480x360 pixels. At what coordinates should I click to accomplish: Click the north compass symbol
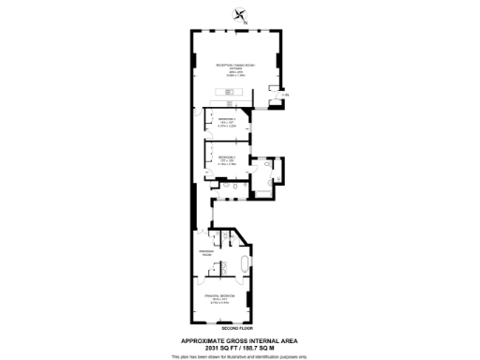pos(241,14)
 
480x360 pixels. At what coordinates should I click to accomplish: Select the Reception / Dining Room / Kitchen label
pos(238,65)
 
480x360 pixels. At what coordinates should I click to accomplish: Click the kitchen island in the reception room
pos(228,91)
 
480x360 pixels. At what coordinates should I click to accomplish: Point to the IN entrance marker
pos(285,96)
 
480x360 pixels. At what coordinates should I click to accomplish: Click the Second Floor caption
pos(240,327)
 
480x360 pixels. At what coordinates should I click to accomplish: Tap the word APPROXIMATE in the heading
pos(201,339)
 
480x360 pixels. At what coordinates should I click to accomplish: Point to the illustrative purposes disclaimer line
pos(240,356)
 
